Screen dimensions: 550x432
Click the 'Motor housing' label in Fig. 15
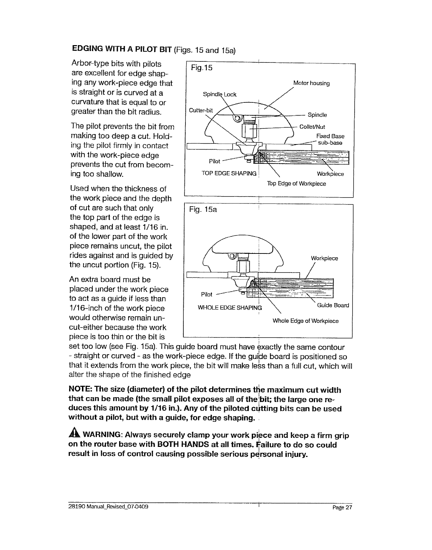[311, 83]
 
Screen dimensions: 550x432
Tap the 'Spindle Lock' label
[219, 94]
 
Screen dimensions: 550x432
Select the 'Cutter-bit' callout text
[200, 110]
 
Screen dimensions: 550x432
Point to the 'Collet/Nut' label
[312, 127]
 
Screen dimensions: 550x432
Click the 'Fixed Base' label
[330, 136]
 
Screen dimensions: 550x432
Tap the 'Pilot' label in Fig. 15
[215, 161]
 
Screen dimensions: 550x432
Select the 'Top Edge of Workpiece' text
[296, 183]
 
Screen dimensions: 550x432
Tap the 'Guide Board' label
[333, 305]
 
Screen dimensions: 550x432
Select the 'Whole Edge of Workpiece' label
[305, 321]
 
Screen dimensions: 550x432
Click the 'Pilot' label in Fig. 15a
[207, 294]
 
